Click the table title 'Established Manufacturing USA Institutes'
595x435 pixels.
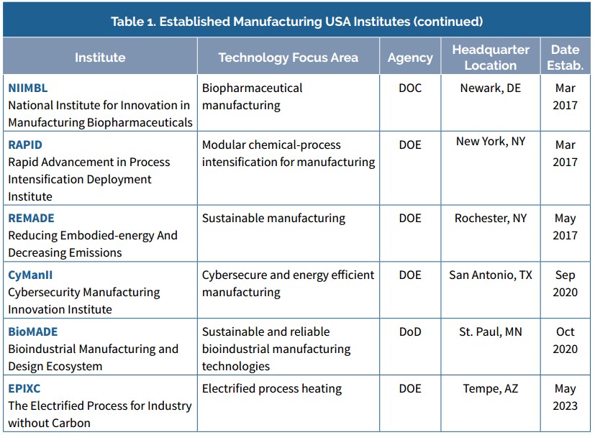[296, 21]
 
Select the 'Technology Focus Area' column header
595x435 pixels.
[288, 58]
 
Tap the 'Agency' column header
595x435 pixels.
[410, 58]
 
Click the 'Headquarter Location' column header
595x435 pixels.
[491, 58]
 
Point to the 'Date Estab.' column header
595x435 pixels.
[565, 58]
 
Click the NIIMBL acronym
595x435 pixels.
[27, 88]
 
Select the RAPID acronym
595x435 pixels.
[25, 145]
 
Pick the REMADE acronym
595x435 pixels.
[31, 218]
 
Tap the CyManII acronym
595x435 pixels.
[30, 275]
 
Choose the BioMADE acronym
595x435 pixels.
[33, 331]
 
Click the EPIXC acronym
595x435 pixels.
[25, 388]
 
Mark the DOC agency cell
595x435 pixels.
[410, 88]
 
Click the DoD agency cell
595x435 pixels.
[410, 331]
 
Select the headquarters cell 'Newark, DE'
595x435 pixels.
[491, 88]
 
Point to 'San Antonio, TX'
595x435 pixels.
[491, 275]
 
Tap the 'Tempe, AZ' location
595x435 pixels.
[491, 388]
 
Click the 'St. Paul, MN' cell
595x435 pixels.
[491, 331]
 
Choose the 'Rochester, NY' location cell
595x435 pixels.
[491, 218]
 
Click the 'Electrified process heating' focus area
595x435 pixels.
[272, 388]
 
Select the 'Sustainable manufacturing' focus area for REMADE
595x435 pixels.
[273, 218]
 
